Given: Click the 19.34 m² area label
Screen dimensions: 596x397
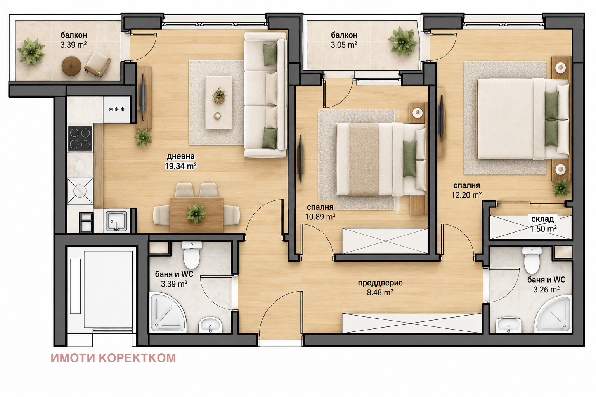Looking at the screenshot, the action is [181, 166].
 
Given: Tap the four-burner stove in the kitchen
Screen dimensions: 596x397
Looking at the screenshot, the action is [80, 138].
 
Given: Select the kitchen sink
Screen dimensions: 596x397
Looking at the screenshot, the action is [116, 221].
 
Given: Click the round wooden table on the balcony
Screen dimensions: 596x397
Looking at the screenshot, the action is [71, 66].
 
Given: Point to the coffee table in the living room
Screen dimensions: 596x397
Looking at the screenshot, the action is [219, 103].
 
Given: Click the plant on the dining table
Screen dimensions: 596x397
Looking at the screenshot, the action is [196, 213].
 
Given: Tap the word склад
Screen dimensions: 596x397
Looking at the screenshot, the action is [542, 219].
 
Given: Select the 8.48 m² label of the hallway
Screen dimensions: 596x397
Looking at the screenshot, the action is [380, 292].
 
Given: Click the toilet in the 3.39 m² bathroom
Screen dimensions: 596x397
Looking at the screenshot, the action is [192, 254].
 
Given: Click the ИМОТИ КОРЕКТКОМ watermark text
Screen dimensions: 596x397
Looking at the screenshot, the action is [113, 358].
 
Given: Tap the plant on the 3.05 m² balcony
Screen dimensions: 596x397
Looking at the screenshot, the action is [402, 41].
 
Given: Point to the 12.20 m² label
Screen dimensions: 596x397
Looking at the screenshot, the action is [466, 195].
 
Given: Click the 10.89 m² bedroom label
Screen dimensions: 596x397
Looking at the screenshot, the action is [320, 217].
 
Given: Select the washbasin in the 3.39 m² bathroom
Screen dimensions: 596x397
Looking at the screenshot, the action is [210, 325].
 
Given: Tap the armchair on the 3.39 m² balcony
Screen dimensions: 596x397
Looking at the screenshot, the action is [98, 64].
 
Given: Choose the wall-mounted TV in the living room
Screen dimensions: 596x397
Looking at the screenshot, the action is [143, 97].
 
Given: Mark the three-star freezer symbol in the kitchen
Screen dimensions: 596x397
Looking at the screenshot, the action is [117, 109].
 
